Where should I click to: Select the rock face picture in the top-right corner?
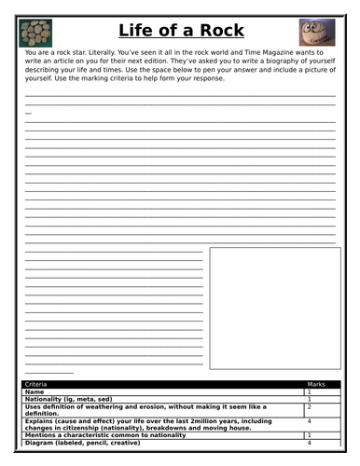317,33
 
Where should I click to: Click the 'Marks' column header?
317,383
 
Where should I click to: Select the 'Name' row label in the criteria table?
35,391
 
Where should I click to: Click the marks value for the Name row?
309,391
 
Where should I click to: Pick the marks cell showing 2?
309,406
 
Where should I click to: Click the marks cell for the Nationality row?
309,399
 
